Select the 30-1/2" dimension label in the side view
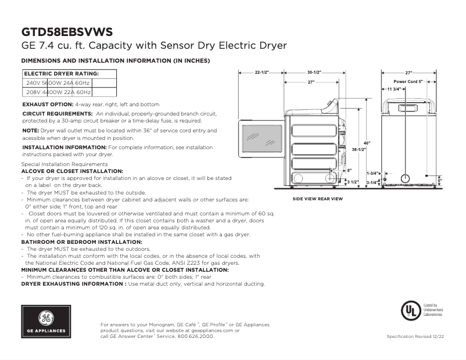click(x=314, y=73)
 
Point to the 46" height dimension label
click(x=367, y=143)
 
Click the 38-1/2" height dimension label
click(x=359, y=150)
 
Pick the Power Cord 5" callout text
click(x=408, y=82)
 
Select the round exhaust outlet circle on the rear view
click(x=406, y=178)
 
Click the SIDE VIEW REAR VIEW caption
click(x=317, y=199)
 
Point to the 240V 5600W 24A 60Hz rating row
click(x=58, y=83)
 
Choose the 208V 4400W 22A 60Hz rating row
click(x=58, y=92)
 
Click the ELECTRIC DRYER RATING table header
click(x=61, y=74)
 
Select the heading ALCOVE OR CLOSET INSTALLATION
click(x=72, y=171)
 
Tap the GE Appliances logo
click(x=46, y=322)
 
